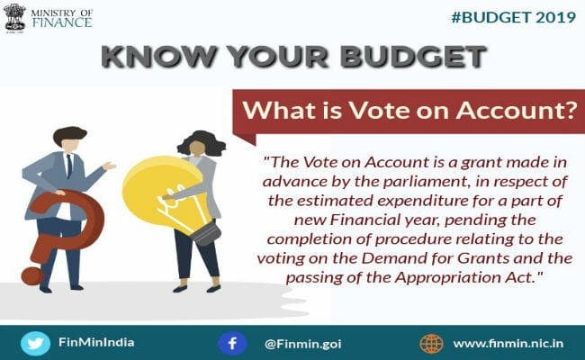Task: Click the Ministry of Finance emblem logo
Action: coord(14,17)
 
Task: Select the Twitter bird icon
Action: coord(33,343)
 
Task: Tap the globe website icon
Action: coord(430,343)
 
